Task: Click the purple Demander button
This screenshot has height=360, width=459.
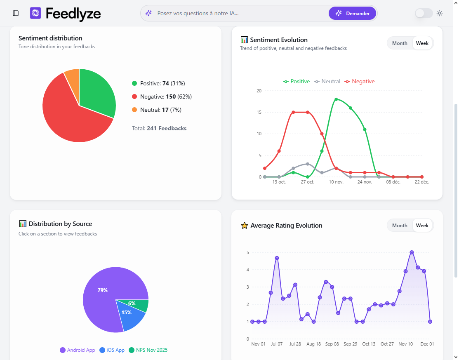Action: click(352, 13)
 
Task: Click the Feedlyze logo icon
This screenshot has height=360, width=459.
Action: click(35, 13)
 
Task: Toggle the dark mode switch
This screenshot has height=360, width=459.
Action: click(424, 13)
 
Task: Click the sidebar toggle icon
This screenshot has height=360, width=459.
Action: click(16, 13)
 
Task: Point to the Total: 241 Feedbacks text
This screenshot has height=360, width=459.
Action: click(159, 128)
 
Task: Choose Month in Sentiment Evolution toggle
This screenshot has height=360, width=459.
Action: click(400, 43)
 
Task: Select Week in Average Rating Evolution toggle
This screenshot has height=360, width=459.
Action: click(422, 226)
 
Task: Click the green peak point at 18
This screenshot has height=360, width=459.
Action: click(336, 99)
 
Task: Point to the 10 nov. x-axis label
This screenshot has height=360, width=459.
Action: click(336, 182)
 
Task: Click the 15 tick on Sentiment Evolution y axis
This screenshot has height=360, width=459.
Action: click(259, 112)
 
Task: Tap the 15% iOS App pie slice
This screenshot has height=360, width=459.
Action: click(129, 314)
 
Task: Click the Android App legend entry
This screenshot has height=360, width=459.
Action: click(78, 350)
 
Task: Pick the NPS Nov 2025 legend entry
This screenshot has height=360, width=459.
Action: click(148, 350)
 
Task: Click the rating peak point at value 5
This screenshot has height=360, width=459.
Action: click(412, 252)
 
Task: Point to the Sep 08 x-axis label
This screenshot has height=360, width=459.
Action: click(332, 344)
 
